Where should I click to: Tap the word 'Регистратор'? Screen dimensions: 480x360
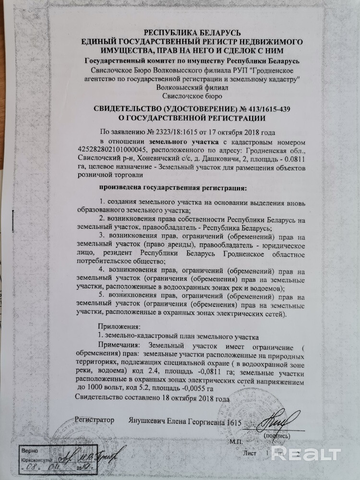pos(95,420)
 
